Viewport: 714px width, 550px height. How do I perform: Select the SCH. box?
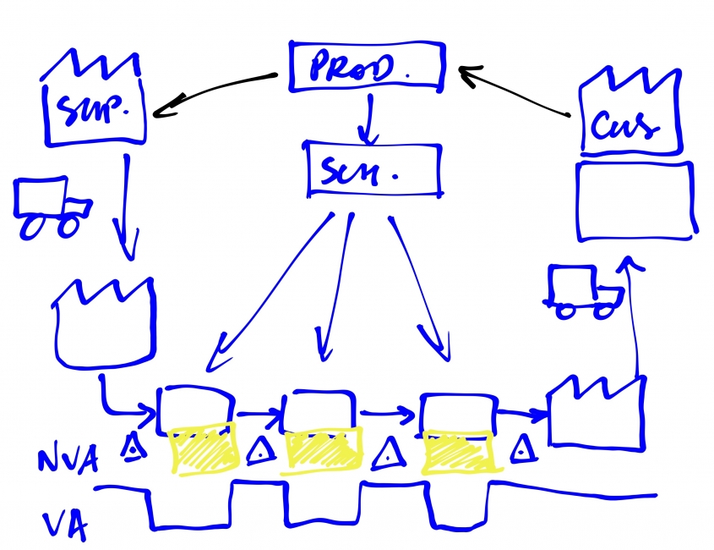click(x=373, y=170)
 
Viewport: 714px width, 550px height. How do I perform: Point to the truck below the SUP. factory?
click(x=52, y=208)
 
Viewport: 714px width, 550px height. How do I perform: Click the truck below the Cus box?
click(x=584, y=293)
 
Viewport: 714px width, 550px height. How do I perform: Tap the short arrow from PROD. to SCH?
click(x=367, y=118)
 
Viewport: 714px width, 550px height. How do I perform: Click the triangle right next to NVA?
click(x=132, y=449)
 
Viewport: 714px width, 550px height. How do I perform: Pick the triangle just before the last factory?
click(x=524, y=449)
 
